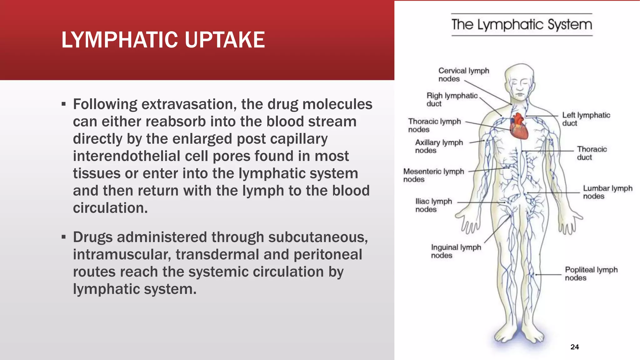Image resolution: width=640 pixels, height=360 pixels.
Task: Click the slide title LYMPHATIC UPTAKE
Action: click(x=163, y=40)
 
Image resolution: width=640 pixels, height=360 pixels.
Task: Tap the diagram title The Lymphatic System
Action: click(x=522, y=25)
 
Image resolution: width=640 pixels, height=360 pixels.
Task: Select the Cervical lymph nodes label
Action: click(x=463, y=75)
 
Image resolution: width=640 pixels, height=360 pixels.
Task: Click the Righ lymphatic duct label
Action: click(x=452, y=99)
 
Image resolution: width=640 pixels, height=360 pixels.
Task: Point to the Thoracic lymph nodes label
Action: click(x=434, y=125)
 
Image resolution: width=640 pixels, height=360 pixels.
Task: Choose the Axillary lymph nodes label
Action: click(x=439, y=146)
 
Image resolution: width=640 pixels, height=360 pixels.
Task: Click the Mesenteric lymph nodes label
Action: click(x=433, y=175)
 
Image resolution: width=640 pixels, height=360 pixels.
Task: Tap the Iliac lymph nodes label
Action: click(x=433, y=205)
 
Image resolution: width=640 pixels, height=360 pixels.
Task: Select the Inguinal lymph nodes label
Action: click(x=456, y=251)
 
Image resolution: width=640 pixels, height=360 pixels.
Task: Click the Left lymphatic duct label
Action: click(x=586, y=119)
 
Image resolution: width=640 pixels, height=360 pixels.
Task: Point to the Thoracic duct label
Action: click(x=592, y=153)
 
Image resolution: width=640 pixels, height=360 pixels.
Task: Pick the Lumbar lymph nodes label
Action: click(x=607, y=192)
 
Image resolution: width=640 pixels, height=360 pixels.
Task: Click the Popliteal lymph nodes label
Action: click(x=591, y=274)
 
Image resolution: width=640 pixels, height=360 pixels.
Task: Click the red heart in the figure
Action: click(x=518, y=127)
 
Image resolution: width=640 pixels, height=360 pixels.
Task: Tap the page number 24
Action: click(x=574, y=347)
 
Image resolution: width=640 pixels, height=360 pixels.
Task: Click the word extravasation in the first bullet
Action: click(x=189, y=104)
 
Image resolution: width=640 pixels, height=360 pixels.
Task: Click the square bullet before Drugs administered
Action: click(x=64, y=237)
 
